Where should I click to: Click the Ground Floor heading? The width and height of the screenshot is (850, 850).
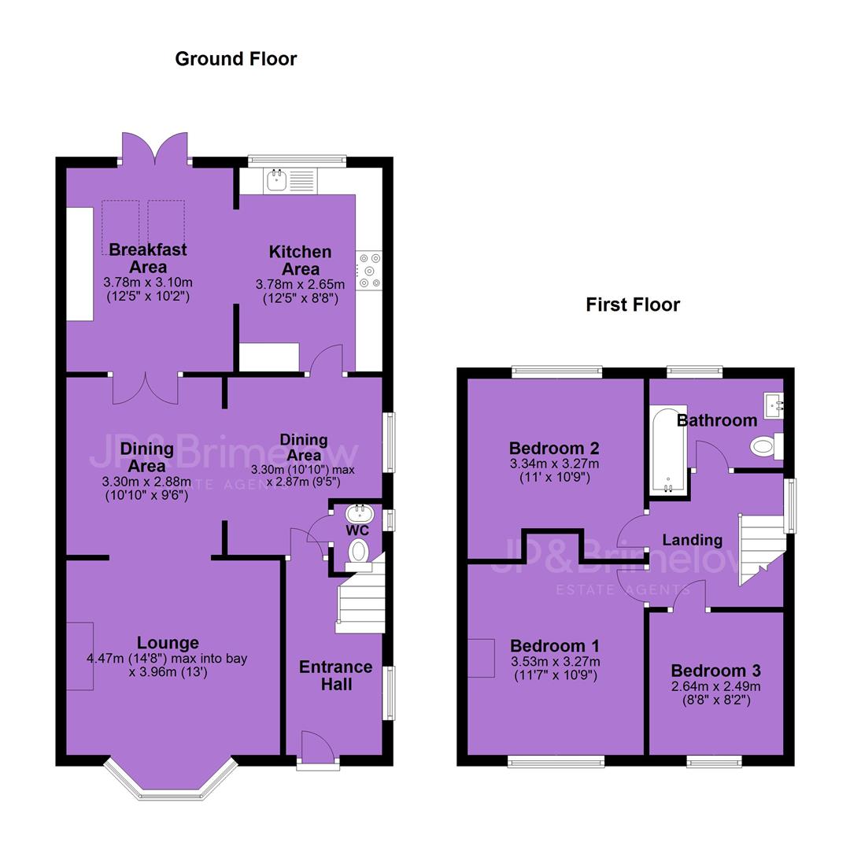pos(236,59)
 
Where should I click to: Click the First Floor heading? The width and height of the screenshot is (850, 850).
pos(633,305)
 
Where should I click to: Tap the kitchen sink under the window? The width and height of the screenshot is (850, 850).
pos(289,180)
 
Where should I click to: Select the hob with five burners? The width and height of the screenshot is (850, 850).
pos(369,270)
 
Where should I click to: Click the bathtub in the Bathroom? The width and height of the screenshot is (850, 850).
pos(668,450)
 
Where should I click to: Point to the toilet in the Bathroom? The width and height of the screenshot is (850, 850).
pos(767,446)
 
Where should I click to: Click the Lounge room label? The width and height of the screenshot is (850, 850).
pos(168,643)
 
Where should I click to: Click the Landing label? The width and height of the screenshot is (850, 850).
pos(693,540)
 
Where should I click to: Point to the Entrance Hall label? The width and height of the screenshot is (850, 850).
pos(336,675)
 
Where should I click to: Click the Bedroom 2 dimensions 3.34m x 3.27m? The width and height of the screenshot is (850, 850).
pos(554,464)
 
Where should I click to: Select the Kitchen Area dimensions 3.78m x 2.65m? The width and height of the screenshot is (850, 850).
pos(300,285)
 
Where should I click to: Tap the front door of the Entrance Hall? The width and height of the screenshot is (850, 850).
pos(318,748)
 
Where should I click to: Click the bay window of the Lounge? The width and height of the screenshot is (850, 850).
pos(171,779)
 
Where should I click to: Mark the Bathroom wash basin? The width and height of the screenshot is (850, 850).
pos(774,406)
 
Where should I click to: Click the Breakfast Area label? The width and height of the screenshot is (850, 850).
pos(147,258)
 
